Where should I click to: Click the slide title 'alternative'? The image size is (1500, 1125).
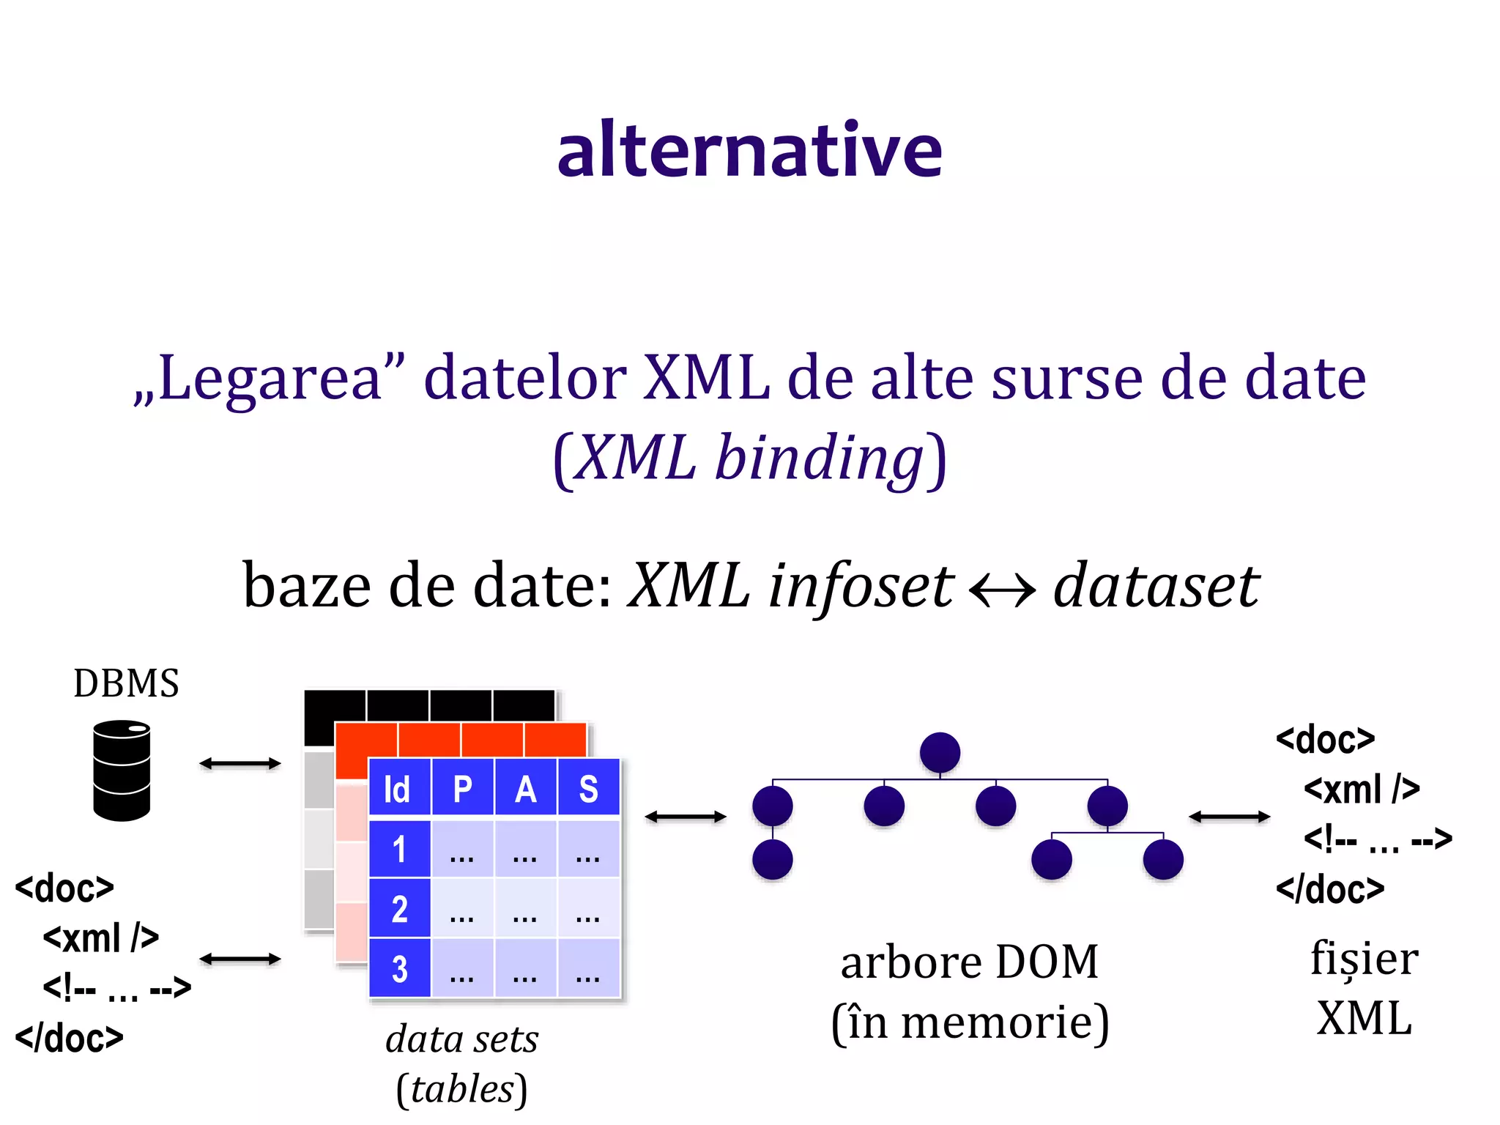749,150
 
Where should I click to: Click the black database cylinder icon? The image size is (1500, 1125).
122,771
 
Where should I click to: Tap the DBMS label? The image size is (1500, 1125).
126,683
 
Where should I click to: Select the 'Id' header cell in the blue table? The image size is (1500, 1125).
398,789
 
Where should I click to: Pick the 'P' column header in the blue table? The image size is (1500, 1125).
463,789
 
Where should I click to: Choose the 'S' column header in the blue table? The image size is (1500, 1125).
588,789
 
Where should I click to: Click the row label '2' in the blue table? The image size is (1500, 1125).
399,909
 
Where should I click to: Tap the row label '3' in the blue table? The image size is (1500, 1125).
399,969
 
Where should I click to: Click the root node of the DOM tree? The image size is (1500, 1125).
940,752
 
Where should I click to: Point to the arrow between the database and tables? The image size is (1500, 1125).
240,763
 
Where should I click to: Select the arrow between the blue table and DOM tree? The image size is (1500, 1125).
686,816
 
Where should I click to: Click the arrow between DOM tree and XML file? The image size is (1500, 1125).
1229,816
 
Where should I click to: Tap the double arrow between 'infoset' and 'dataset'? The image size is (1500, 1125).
1002,588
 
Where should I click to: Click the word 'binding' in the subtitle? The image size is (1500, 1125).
819,458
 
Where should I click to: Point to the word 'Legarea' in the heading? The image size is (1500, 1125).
270,379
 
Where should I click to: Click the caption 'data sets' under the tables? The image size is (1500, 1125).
462,1039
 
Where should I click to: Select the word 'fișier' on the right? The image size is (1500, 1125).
1364,959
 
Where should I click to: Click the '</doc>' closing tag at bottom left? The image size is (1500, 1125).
70,1038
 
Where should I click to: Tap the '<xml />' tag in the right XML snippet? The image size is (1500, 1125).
1362,789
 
